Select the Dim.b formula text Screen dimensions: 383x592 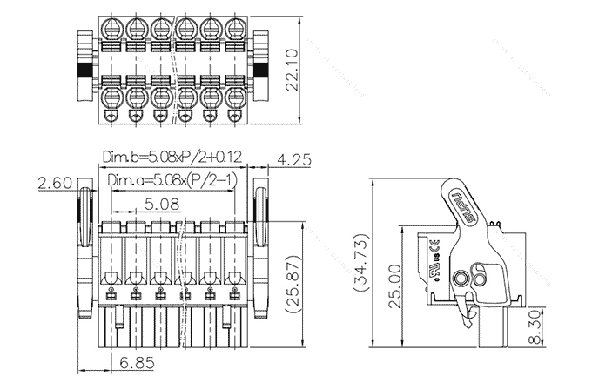click(x=172, y=157)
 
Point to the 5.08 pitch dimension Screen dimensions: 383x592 click(x=162, y=204)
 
